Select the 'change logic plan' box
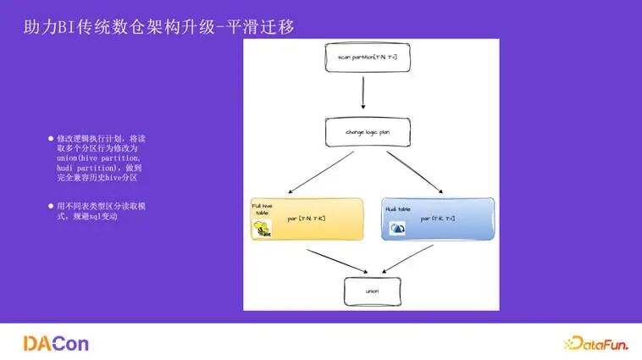click(x=366, y=133)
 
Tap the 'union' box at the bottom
click(x=372, y=291)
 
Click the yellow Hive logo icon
click(x=263, y=229)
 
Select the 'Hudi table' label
click(x=398, y=208)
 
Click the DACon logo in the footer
click(x=56, y=342)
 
